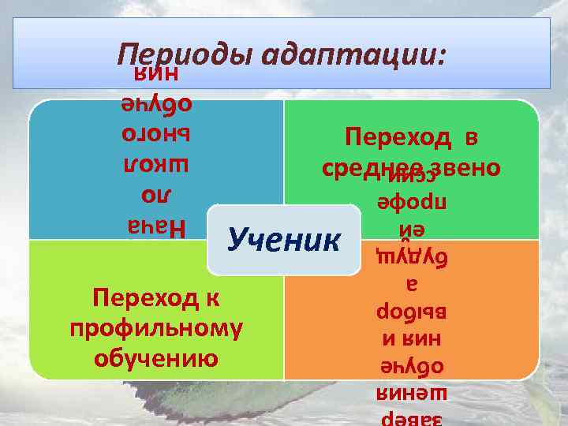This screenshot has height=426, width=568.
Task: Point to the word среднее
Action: (x=375, y=169)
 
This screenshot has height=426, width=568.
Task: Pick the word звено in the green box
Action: (x=466, y=169)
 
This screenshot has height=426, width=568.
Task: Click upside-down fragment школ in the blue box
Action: (x=155, y=163)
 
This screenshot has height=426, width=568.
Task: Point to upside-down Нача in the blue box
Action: (x=155, y=228)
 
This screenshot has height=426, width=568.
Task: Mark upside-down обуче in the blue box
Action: (x=155, y=103)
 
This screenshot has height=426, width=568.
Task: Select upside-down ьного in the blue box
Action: (x=155, y=133)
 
